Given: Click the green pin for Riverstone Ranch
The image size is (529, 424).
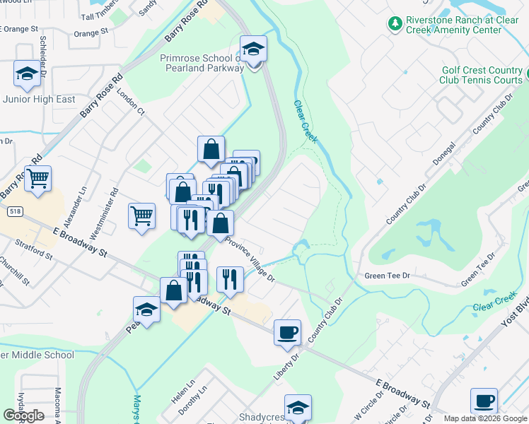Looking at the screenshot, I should tap(395, 24).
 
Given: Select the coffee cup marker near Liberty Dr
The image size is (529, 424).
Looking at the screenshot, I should tap(287, 332).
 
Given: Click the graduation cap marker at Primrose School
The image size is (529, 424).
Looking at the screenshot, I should tap(253, 51).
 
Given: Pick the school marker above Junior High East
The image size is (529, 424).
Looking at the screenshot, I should tap(27, 74).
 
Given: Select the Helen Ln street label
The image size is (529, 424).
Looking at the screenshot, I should tap(178, 394).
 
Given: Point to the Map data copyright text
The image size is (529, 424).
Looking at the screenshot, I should tap(484, 418).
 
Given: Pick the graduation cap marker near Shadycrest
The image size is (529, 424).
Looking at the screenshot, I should tap(298, 408).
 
